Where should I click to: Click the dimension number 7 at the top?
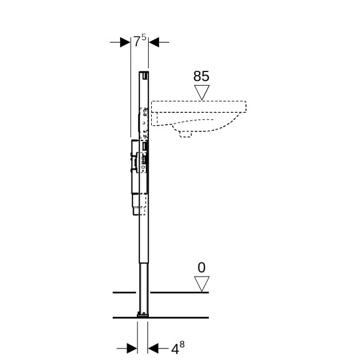click(137, 42)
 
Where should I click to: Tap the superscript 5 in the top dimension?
click(143, 37)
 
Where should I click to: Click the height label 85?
click(202, 76)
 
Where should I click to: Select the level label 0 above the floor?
click(202, 268)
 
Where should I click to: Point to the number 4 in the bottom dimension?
click(175, 350)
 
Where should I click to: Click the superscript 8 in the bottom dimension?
click(182, 344)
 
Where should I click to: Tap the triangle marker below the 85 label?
click(202, 92)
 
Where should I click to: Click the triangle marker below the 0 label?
click(202, 284)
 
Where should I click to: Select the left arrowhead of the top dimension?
click(125, 42)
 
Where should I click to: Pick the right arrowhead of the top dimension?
click(154, 42)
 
